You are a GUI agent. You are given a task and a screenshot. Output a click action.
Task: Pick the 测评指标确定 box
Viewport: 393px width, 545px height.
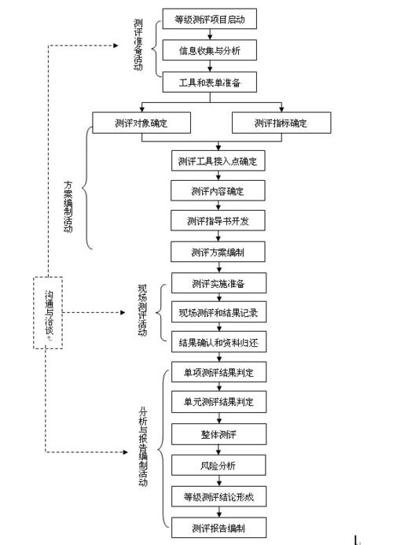(281, 123)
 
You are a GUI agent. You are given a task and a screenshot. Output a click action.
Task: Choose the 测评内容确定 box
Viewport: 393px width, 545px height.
(217, 192)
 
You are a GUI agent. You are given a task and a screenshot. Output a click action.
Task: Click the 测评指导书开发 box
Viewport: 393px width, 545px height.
(217, 222)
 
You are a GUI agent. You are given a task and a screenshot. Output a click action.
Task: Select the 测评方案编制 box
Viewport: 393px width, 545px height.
(217, 252)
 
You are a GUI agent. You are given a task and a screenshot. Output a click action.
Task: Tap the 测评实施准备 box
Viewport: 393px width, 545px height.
(217, 283)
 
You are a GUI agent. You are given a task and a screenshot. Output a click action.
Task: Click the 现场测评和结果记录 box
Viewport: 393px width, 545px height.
(217, 313)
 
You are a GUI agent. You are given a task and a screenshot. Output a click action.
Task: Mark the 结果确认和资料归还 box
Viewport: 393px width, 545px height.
(217, 344)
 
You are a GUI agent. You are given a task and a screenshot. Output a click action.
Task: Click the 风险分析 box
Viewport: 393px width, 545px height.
(217, 465)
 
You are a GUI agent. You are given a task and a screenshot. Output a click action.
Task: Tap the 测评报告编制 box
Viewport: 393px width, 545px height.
(217, 526)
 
